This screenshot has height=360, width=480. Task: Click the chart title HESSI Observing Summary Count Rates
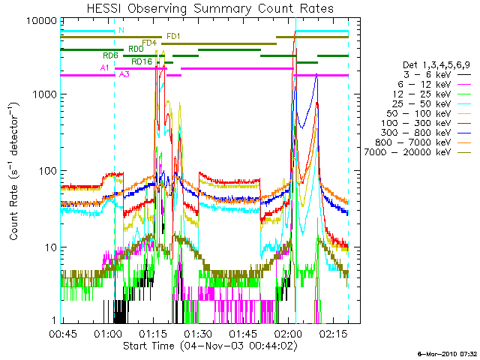point(209,8)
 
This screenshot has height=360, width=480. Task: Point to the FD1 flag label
point(172,36)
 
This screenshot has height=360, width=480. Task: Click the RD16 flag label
point(142,61)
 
